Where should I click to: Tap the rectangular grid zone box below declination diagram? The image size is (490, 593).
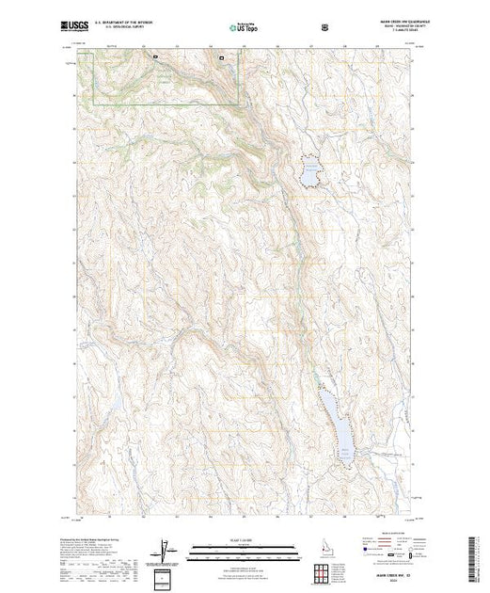click(163, 576)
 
